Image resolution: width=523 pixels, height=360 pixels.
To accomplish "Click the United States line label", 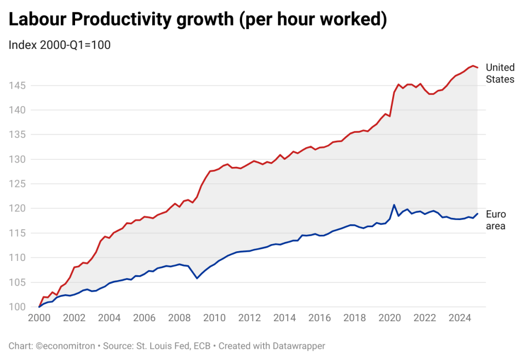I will [x=500, y=73].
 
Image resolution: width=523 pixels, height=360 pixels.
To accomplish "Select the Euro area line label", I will [x=495, y=220].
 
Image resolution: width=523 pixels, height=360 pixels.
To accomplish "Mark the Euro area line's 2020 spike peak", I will [x=394, y=205].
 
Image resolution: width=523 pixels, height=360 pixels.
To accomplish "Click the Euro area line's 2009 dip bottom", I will [x=197, y=279].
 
